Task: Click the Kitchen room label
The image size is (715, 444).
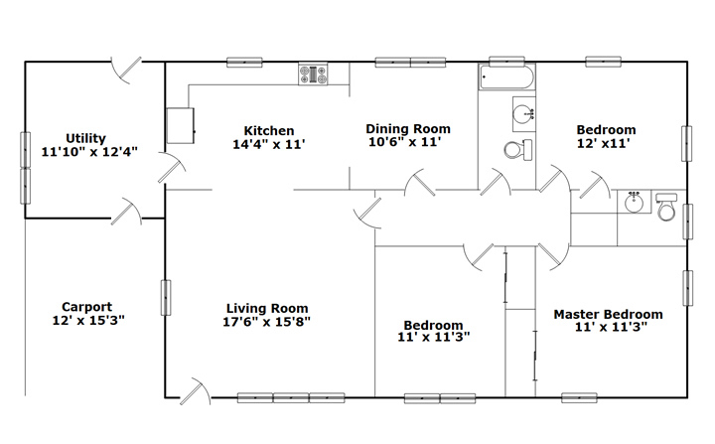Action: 268,131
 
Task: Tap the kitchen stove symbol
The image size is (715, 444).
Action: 313,74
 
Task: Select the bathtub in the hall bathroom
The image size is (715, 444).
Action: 506,77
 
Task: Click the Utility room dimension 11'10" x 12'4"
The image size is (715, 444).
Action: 89,152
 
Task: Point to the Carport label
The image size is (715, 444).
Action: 86,307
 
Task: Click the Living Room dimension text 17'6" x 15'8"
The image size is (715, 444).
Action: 266,322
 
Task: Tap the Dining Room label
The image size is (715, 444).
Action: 408,129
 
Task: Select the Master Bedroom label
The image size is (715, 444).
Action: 609,315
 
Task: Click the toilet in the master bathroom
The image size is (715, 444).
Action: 666,207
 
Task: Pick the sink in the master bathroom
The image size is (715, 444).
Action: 634,202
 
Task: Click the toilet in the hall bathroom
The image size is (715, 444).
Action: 518,150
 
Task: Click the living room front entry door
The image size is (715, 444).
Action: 196,392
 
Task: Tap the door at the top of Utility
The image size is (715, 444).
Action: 126,71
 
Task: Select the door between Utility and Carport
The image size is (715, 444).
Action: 126,212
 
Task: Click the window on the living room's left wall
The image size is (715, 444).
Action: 166,298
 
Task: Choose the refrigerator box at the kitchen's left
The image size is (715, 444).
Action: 181,125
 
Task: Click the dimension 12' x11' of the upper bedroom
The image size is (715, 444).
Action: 604,143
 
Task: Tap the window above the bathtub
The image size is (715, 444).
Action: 506,62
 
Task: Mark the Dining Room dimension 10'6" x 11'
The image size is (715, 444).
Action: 405,142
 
